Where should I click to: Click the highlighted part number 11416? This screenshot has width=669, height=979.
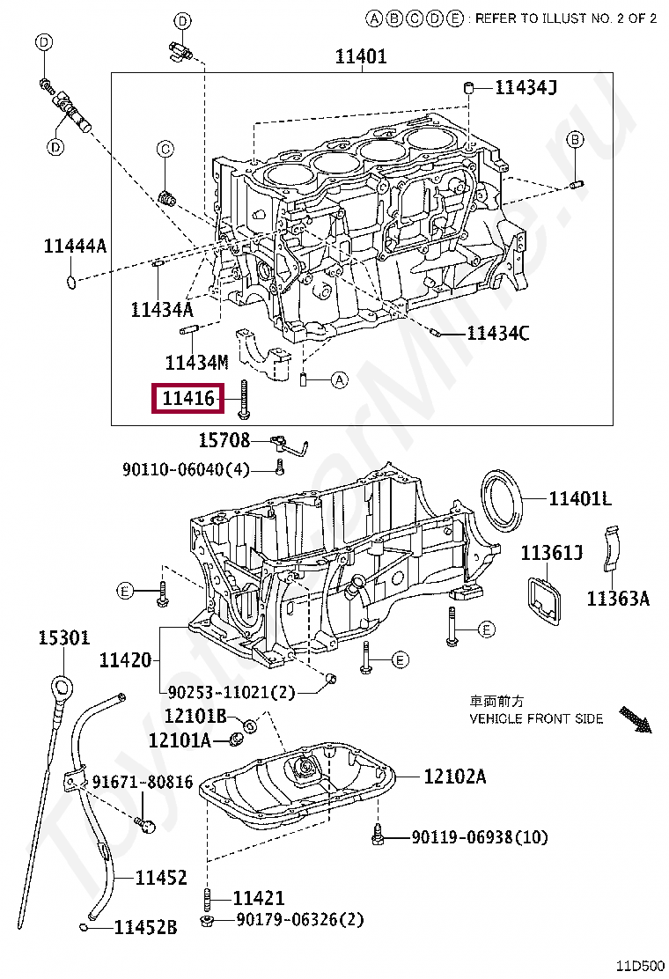187,399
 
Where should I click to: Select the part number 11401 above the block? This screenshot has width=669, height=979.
361,57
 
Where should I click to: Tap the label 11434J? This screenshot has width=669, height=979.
526,86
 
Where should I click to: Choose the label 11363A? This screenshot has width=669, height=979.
618,599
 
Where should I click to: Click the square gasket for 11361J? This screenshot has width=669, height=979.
545,605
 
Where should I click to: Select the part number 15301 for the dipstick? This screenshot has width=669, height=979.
63,637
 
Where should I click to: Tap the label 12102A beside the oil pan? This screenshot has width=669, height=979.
454,777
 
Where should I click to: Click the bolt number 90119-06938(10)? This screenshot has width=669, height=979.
479,837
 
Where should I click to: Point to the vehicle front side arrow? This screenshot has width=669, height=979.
634,719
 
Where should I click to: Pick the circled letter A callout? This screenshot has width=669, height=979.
340,380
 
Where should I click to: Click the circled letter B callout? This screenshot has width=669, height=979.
574,139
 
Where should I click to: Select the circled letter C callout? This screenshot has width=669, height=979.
165,150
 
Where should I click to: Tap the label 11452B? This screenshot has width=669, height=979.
145,927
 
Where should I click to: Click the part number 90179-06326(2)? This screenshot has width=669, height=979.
299,920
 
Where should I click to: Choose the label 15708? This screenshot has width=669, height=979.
224,440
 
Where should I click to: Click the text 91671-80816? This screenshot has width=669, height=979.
143,782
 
